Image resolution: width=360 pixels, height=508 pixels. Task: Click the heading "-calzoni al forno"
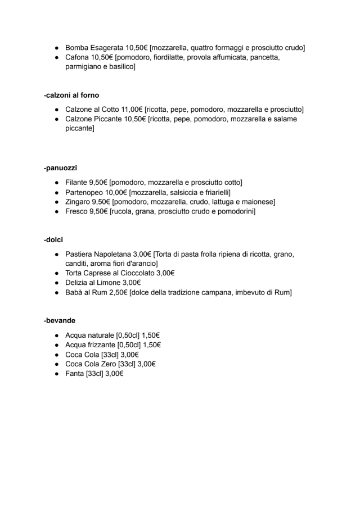pos(71,95)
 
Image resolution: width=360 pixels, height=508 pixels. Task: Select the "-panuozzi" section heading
pos(60,168)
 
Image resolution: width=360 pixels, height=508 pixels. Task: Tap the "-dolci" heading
pos(53,240)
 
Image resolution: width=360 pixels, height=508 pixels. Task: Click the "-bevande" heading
pos(60,321)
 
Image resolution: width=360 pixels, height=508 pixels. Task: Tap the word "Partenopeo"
pos(85,192)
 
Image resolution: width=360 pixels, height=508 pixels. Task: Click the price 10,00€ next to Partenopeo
pos(117,192)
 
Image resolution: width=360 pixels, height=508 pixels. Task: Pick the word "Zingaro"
pos(79,202)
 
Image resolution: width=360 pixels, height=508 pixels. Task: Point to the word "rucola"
pos(125,212)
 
